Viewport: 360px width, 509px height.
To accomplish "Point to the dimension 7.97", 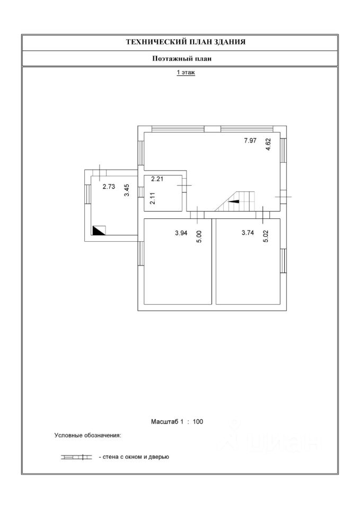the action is click(x=250, y=141).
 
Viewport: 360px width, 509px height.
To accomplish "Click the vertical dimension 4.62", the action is click(x=268, y=145).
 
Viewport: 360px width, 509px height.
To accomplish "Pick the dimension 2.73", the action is click(x=109, y=186).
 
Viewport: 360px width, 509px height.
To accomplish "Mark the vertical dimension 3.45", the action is click(x=126, y=190).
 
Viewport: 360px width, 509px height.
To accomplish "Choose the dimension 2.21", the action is click(x=157, y=179).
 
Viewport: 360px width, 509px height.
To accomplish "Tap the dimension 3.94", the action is click(x=182, y=232).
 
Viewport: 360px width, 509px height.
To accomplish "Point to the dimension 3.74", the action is click(x=248, y=232).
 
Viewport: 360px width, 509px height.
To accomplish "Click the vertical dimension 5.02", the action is click(x=266, y=236).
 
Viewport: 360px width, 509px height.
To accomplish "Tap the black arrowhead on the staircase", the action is click(x=233, y=201).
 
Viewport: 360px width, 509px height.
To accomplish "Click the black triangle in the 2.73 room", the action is click(x=98, y=230).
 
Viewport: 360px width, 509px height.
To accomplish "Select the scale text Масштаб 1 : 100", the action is click(x=177, y=422).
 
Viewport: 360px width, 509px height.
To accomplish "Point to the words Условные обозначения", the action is click(x=88, y=436).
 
